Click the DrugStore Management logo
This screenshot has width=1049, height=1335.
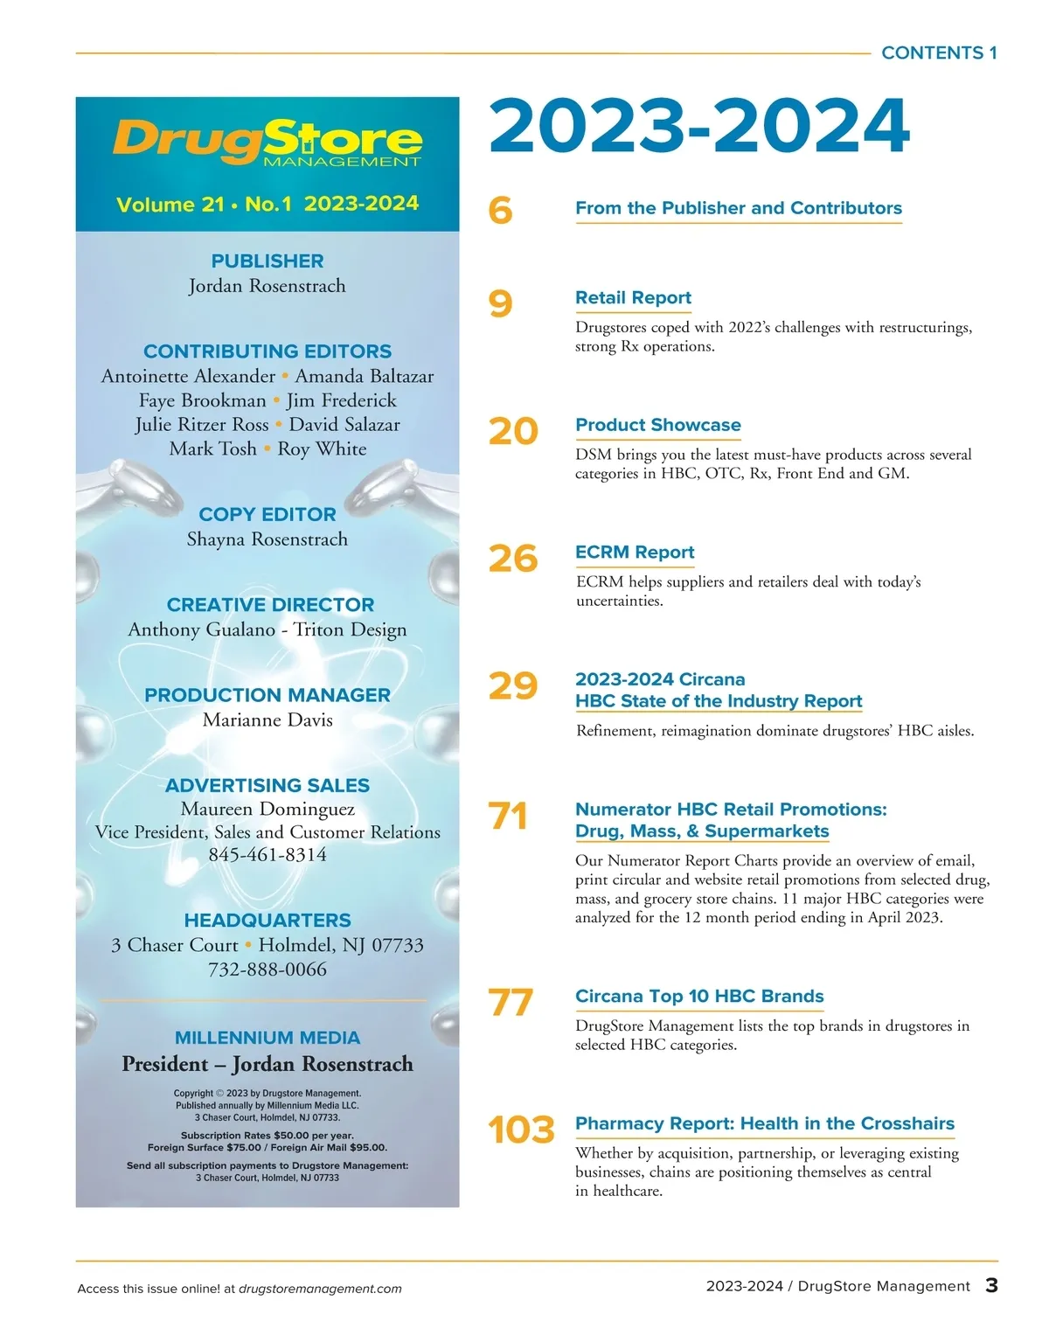tap(267, 142)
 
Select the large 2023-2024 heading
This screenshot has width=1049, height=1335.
tap(699, 126)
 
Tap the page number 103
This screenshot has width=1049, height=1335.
tap(521, 1130)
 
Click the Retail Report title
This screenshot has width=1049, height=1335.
tap(633, 297)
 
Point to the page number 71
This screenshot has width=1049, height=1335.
tap(508, 816)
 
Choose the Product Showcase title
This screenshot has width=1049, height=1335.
tap(657, 425)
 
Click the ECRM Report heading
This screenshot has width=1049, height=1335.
tap(635, 552)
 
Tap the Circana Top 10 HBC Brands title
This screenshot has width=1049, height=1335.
tap(699, 996)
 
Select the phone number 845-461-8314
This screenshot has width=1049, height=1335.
tap(267, 854)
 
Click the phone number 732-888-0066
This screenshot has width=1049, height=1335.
tap(267, 969)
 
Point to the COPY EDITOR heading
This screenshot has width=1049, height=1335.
tap(267, 514)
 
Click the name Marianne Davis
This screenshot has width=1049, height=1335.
tap(267, 720)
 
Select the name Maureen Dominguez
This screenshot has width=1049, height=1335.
tap(267, 809)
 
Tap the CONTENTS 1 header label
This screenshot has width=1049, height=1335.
tap(939, 52)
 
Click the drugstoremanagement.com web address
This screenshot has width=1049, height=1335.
tap(320, 1289)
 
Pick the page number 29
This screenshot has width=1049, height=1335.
tap(512, 685)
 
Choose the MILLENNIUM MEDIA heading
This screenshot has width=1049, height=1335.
tap(267, 1038)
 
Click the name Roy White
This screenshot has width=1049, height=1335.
tap(322, 448)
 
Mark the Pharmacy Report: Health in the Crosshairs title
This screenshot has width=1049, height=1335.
tap(764, 1123)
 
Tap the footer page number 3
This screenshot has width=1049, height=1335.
tap(991, 1285)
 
